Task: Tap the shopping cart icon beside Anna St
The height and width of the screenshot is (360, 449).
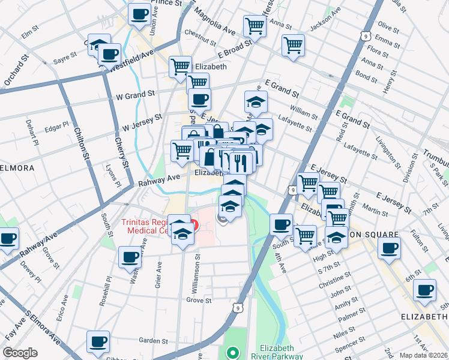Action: pyautogui.click(x=255, y=26)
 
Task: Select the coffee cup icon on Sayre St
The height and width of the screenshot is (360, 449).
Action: pyautogui.click(x=109, y=55)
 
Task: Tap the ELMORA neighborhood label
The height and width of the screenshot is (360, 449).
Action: pyautogui.click(x=17, y=168)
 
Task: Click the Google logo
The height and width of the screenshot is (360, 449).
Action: pyautogui.click(x=20, y=353)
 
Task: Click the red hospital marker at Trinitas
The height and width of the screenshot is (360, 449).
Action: pyautogui.click(x=193, y=225)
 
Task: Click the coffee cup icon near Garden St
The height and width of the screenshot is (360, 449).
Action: pyautogui.click(x=98, y=341)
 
